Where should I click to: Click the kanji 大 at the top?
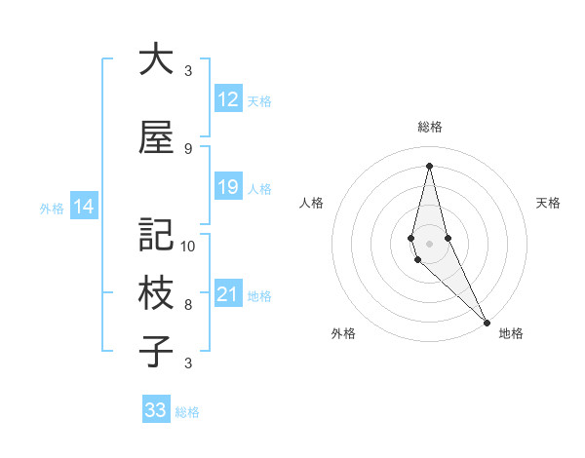pyautogui.click(x=156, y=60)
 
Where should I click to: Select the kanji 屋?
pyautogui.click(x=156, y=138)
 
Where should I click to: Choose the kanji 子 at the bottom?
pyautogui.click(x=156, y=353)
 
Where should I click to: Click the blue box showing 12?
pyautogui.click(x=227, y=99)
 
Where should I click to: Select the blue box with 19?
pyautogui.click(x=227, y=187)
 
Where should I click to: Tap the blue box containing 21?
pyautogui.click(x=227, y=294)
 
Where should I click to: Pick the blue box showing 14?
pyautogui.click(x=83, y=207)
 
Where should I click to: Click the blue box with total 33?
pyautogui.click(x=155, y=410)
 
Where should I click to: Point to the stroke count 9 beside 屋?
pyautogui.click(x=188, y=149)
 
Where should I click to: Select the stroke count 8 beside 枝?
pyautogui.click(x=188, y=305)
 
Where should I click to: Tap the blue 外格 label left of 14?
pyautogui.click(x=51, y=208)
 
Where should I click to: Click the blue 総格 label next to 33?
pyautogui.click(x=187, y=412)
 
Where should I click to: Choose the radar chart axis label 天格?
pyautogui.click(x=548, y=203)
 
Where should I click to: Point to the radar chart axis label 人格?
pyautogui.click(x=312, y=203)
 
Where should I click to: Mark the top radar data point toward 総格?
pyautogui.click(x=429, y=165)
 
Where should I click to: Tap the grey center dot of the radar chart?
pyautogui.click(x=429, y=243)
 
